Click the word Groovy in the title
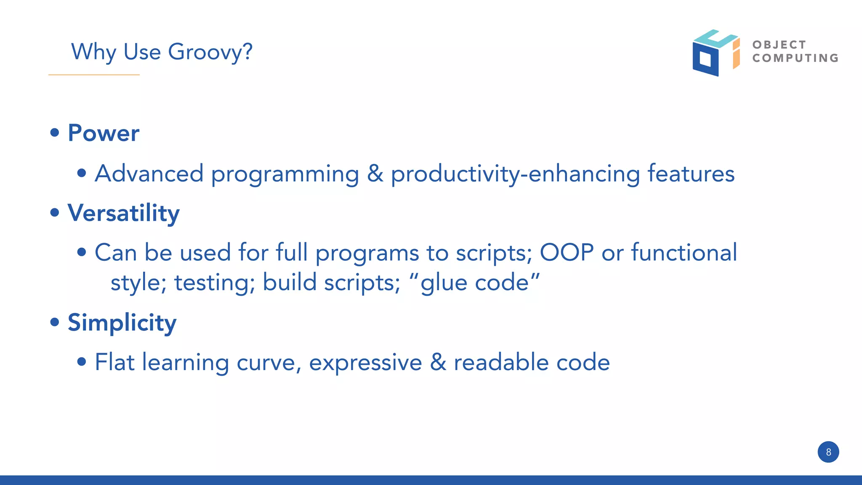point(210,52)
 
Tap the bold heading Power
point(104,133)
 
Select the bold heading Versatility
point(123,213)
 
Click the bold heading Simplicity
point(122,323)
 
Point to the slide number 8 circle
point(828,452)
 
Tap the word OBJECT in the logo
point(779,45)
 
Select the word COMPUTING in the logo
point(795,58)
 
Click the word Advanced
point(149,173)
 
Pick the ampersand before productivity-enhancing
point(375,173)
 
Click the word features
point(691,173)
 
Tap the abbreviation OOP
point(567,252)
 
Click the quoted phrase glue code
point(474,282)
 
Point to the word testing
point(215,282)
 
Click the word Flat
point(114,362)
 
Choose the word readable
point(501,362)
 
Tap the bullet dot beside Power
point(55,133)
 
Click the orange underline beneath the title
point(94,75)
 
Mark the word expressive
point(365,362)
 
